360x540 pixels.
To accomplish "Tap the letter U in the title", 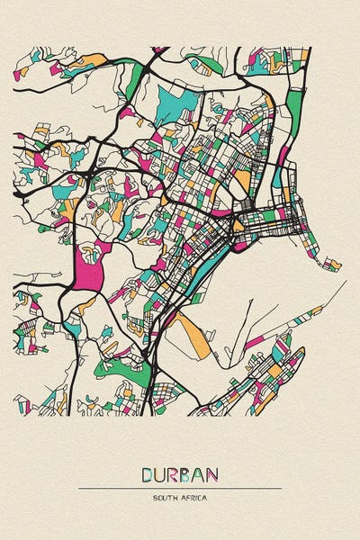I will click(161, 474).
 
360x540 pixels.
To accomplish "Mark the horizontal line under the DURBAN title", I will click(180, 488).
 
